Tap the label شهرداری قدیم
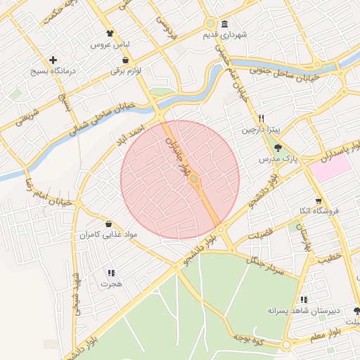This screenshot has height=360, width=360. [x=226, y=34]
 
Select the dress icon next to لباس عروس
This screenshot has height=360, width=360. [x=110, y=33]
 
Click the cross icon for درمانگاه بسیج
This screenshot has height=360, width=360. [x=53, y=60]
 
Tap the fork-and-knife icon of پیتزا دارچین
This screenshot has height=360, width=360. [x=262, y=119]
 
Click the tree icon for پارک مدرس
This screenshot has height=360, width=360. [x=279, y=148]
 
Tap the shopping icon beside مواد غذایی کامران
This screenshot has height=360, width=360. [x=108, y=223]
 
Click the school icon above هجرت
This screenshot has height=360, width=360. [x=111, y=273]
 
